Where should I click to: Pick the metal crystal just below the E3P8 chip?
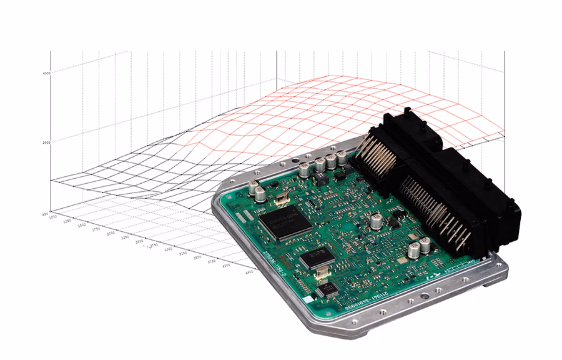[x=321, y=272]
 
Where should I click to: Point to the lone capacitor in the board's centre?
[x=377, y=221]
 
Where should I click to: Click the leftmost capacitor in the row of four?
[x=305, y=169]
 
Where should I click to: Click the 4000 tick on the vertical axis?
[x=46, y=72]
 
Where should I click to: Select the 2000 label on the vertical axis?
[x=46, y=142]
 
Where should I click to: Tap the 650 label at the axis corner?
[x=46, y=213]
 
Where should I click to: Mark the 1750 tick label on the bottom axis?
[x=96, y=229]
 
